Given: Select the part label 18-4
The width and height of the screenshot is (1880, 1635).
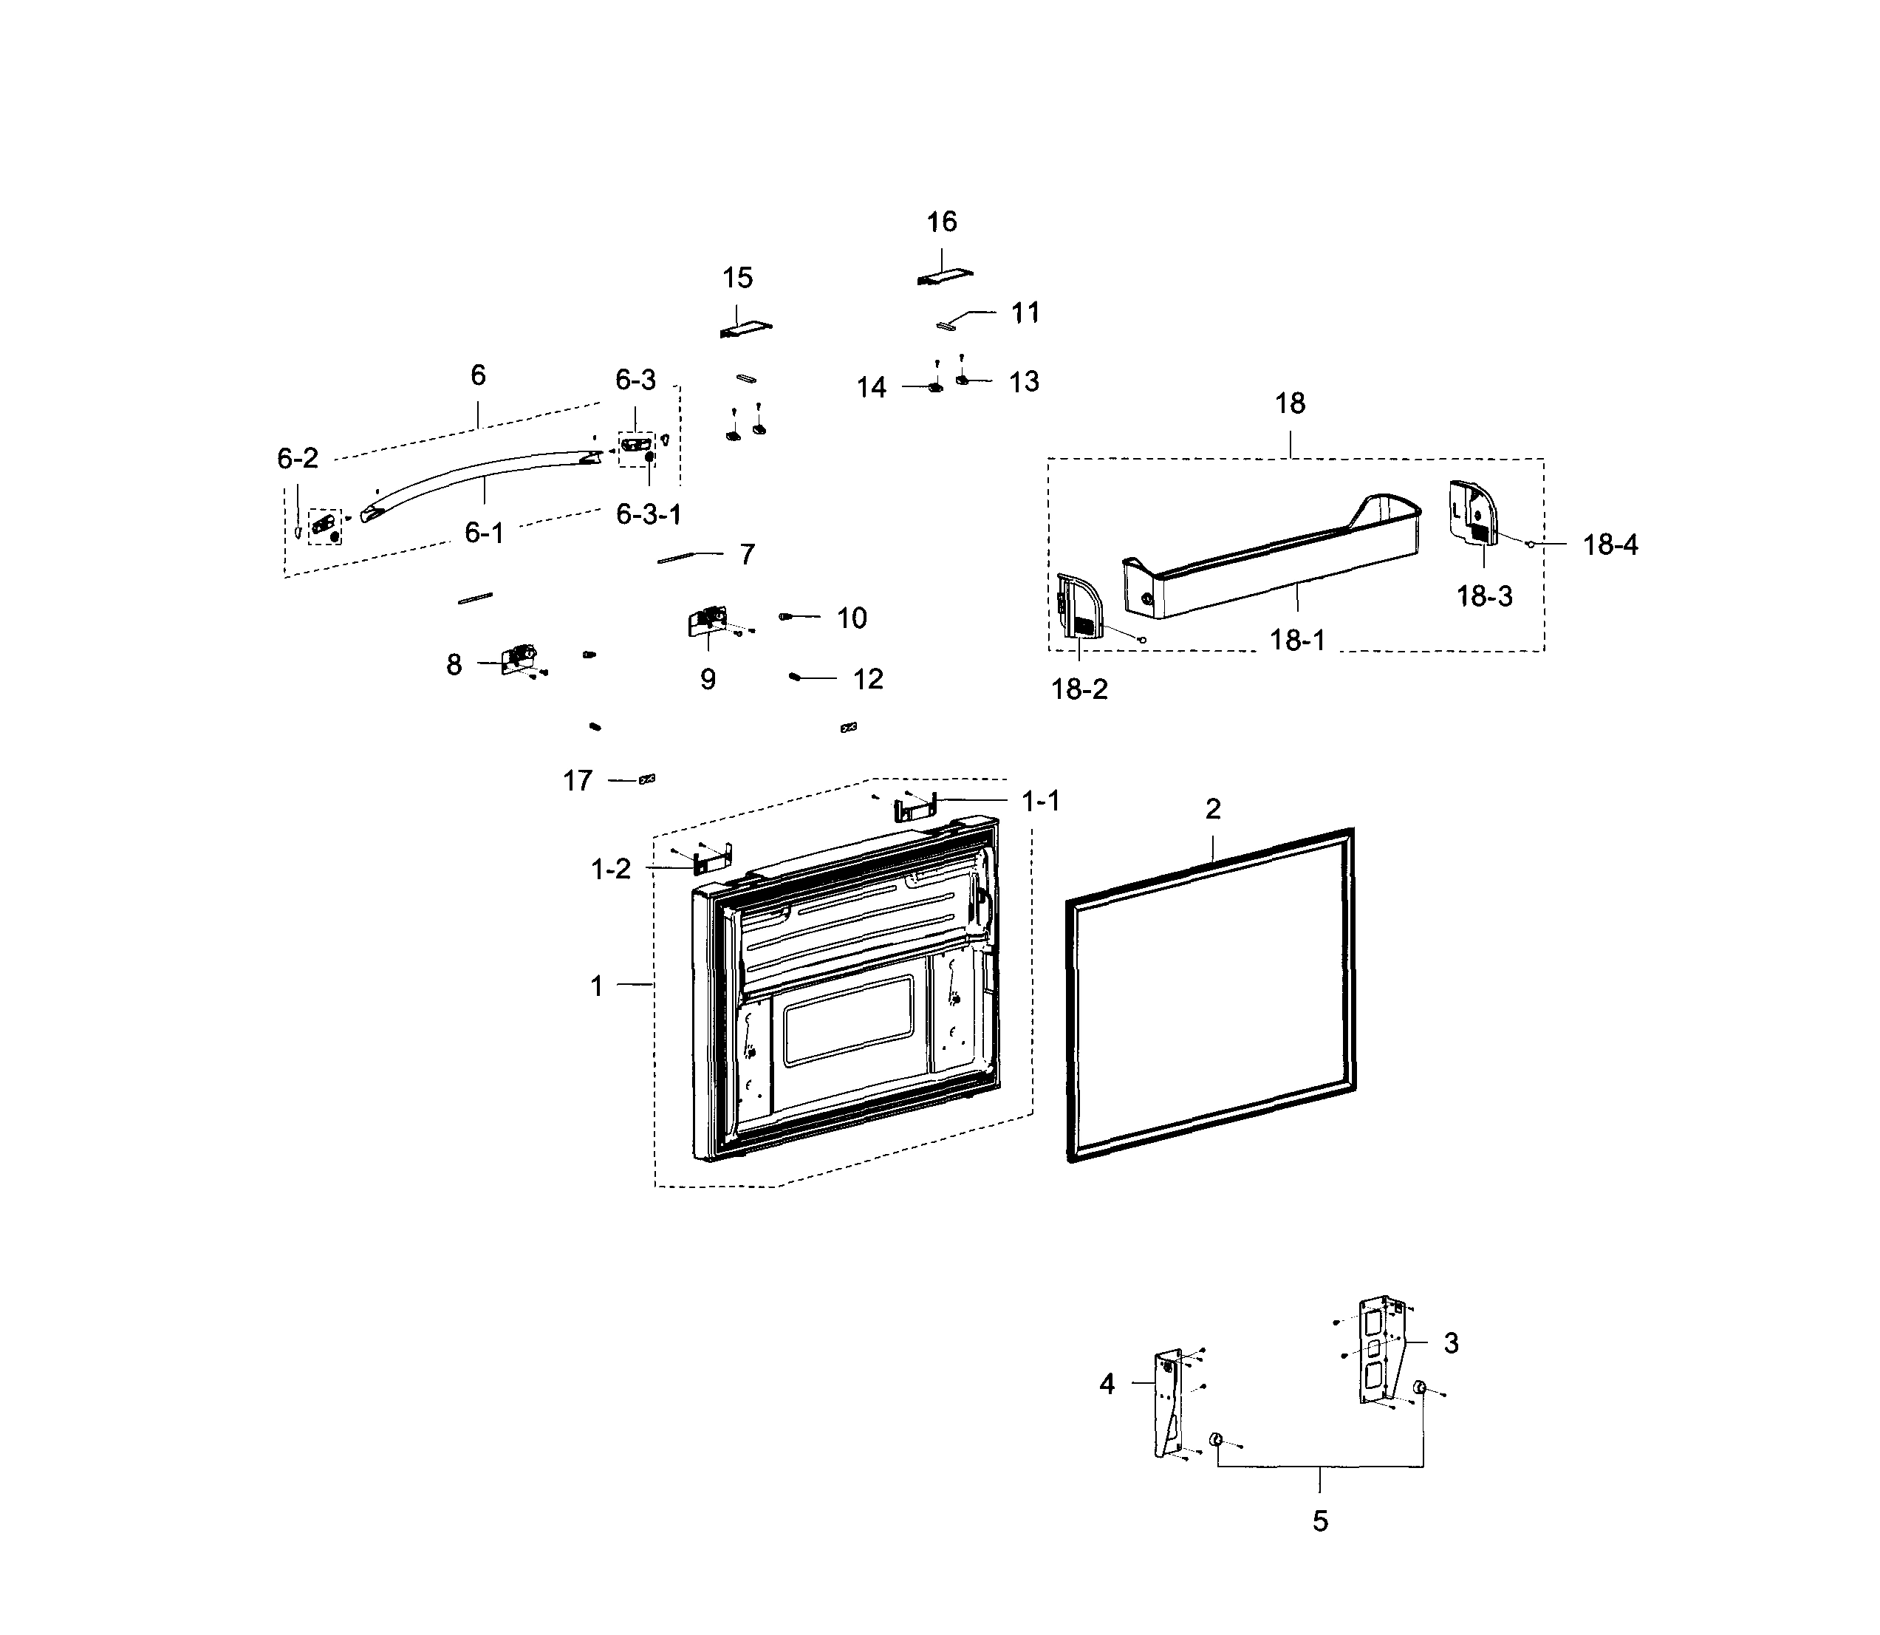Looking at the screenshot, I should coord(1610,545).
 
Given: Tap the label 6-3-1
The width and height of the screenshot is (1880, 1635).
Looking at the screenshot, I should coord(649,515).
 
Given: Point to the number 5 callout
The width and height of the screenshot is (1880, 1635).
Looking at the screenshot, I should coord(1320,1521).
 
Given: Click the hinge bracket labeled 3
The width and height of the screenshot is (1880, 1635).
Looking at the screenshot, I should coord(1379,1351).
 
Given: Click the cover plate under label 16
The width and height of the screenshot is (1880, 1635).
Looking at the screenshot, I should coord(945,276).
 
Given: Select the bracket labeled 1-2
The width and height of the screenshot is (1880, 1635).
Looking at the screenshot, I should coord(714,859).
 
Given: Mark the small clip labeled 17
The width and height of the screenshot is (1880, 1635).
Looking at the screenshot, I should coord(648,779).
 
